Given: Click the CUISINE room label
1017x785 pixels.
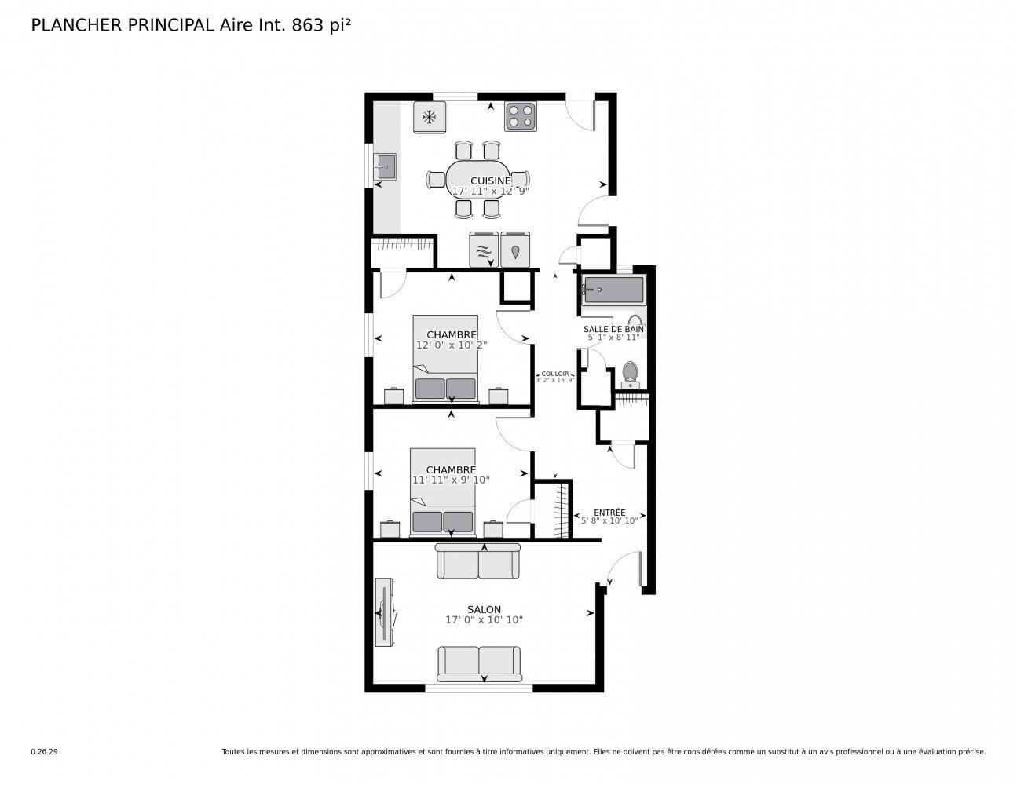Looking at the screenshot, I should [x=490, y=181].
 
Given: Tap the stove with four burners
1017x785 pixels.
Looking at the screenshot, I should [x=520, y=116].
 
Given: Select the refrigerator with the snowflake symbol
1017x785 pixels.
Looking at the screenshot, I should [x=430, y=117].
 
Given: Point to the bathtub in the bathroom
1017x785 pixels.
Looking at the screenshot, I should [x=613, y=290].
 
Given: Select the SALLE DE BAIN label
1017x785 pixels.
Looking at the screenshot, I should [x=613, y=329].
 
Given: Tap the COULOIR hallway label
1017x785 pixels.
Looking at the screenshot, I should [x=554, y=374].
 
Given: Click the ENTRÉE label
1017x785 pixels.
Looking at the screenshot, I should [x=609, y=512].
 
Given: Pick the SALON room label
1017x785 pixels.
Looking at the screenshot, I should [x=484, y=609].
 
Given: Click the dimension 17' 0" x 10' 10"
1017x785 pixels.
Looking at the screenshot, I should [x=484, y=620].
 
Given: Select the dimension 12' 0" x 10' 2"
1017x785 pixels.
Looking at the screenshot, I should [x=452, y=345].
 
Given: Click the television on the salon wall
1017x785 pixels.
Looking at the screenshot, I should [x=385, y=612].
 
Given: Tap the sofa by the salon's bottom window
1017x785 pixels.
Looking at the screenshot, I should [x=479, y=663].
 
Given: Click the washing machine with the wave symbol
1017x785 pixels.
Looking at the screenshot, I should [x=484, y=250].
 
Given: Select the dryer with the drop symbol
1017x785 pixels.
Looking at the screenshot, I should [x=515, y=250].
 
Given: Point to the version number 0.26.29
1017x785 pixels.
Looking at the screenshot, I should [x=44, y=751].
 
